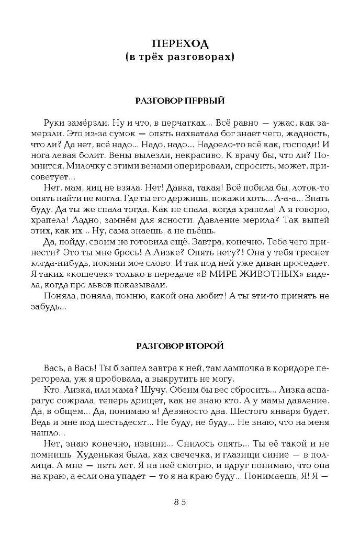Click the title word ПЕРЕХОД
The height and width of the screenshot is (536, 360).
pos(180,41)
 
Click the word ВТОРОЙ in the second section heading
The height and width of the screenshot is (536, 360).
pos(206,346)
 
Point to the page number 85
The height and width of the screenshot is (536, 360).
pos(180,502)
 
